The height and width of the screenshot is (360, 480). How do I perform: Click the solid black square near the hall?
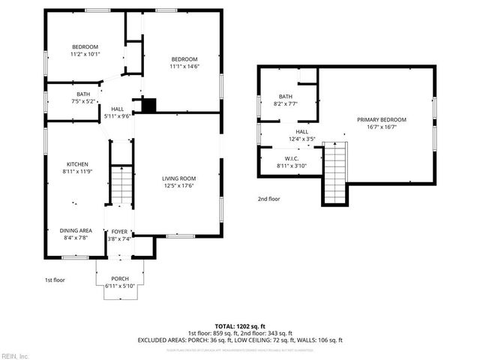(149, 106)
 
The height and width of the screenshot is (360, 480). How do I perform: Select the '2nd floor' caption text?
(268, 199)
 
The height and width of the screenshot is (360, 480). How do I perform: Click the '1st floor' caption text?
(53, 280)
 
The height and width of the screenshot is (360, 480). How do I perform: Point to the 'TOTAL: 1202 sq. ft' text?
(239, 326)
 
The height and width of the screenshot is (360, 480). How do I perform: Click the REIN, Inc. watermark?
(16, 355)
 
